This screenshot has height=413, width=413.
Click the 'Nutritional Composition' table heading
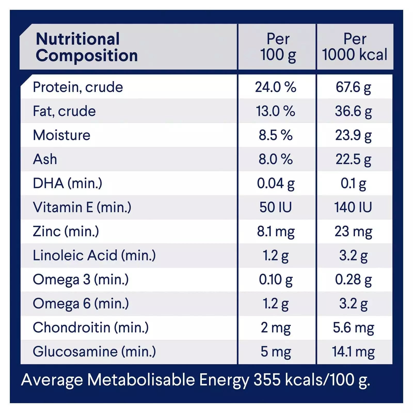tap(86, 47)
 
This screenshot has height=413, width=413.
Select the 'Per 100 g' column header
tap(278, 47)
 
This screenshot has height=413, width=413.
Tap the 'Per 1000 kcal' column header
tap(355, 47)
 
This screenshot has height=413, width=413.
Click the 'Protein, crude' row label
tap(78, 87)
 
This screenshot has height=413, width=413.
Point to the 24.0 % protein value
tap(275, 87)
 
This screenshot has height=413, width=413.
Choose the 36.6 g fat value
tap(353, 111)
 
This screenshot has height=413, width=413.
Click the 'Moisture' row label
tap(62, 135)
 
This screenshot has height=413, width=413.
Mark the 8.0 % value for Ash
tap(275, 159)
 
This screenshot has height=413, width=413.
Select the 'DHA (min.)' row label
tap(67, 183)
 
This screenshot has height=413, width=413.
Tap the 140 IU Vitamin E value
tap(353, 207)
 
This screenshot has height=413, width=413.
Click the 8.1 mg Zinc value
tap(275, 231)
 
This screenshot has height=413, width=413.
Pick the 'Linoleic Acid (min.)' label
tap(94, 255)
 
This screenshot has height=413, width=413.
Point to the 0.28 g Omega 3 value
tap(353, 280)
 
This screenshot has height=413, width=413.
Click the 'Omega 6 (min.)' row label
tap(81, 304)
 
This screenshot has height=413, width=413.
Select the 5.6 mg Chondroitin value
tap(353, 328)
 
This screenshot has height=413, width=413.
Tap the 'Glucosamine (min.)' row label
tap(94, 352)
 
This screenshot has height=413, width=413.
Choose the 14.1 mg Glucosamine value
tap(353, 352)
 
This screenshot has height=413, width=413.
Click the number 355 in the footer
tap(267, 380)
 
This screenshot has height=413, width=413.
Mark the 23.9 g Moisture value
tap(353, 135)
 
